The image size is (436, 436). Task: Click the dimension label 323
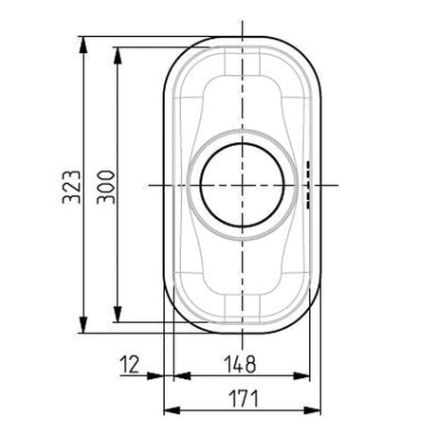72,187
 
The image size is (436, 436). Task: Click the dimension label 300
106,187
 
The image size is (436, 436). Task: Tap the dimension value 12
130,364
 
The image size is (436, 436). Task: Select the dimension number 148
240,364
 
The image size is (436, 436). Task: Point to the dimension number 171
244,399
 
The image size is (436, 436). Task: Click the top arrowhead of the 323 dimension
83,45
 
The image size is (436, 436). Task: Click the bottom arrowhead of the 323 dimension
83,325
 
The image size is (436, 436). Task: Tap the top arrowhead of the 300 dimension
118,56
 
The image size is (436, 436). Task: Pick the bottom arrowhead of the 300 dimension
118,314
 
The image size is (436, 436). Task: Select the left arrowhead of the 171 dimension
172,410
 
